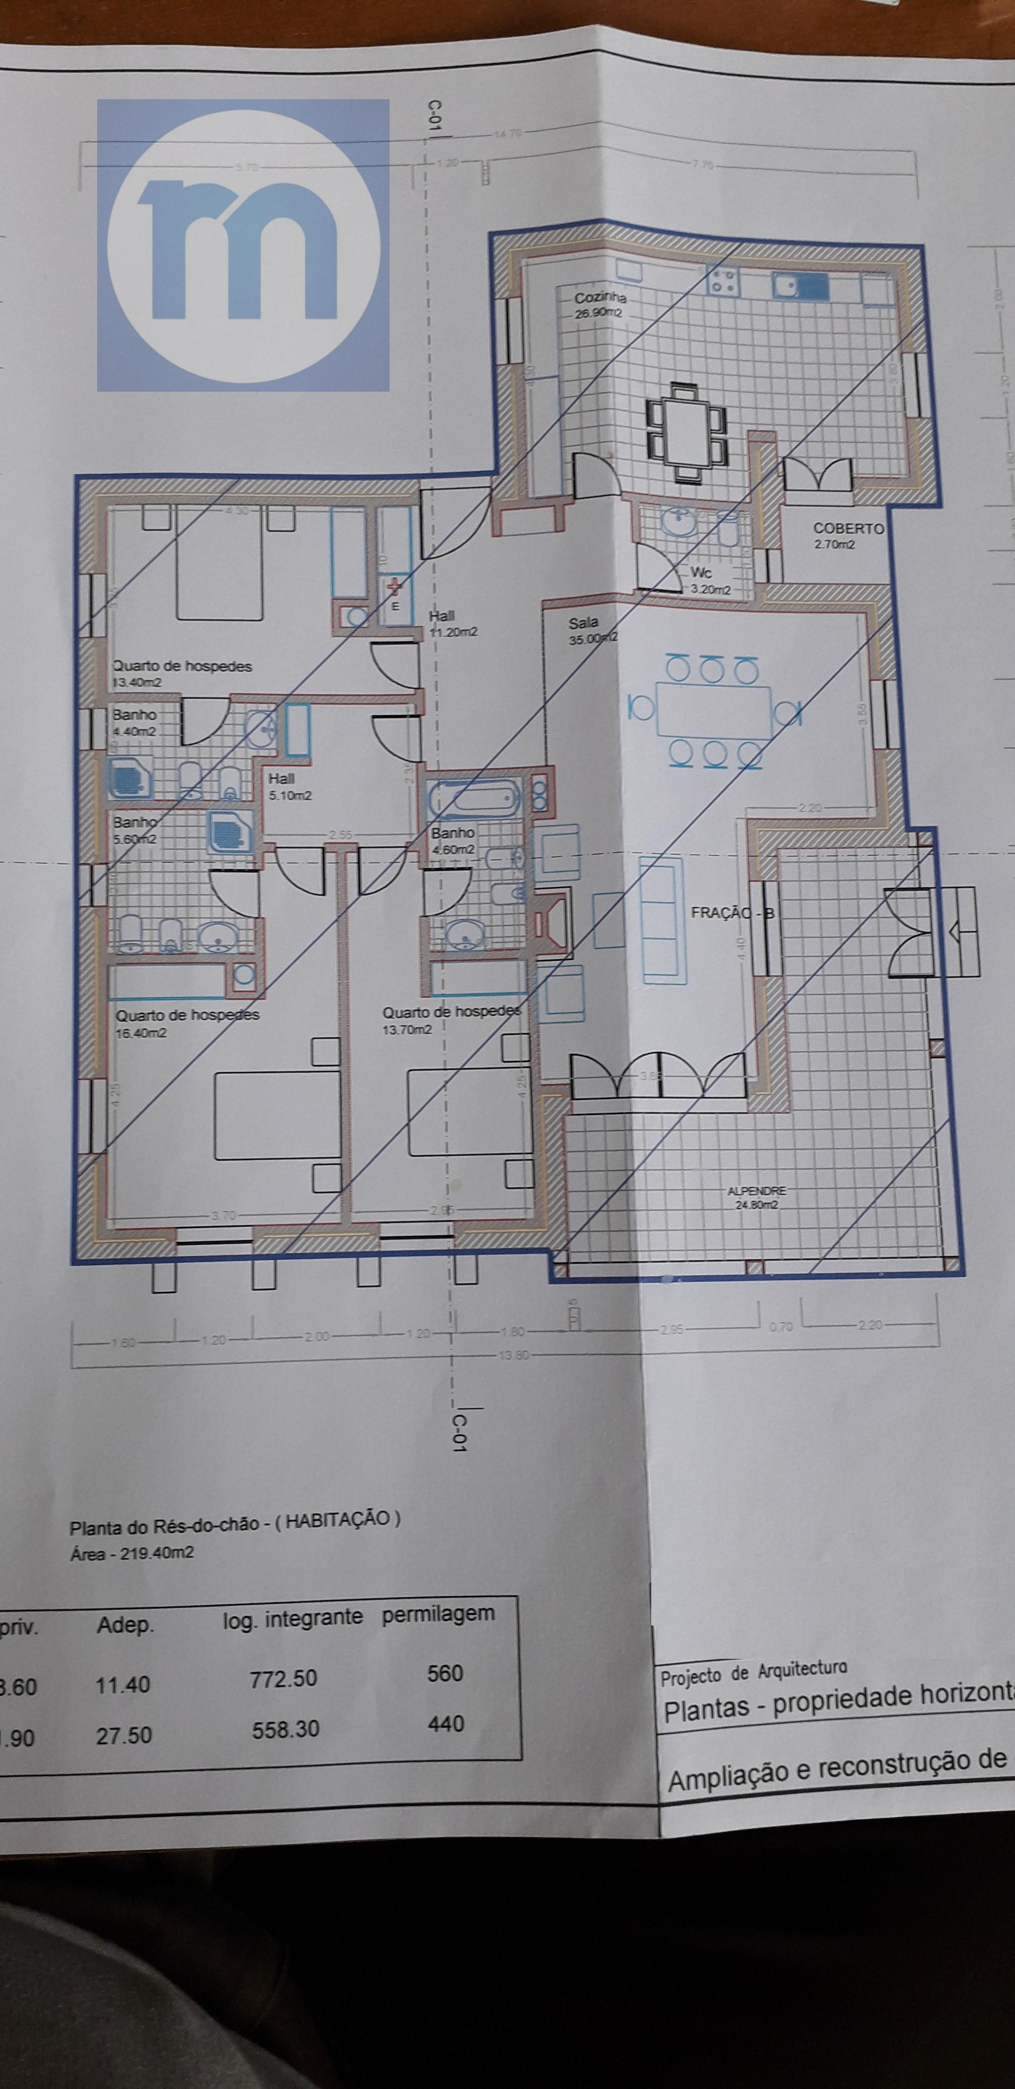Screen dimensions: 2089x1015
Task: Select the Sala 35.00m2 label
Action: click(x=590, y=630)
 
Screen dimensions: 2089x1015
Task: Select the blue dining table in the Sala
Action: click(x=713, y=711)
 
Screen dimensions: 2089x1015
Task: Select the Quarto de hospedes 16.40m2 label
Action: click(x=187, y=1023)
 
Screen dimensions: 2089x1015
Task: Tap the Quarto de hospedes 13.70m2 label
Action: click(x=451, y=1020)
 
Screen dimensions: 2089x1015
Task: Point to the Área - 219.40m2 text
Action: click(x=132, y=1554)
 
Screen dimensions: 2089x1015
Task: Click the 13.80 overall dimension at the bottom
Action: click(x=513, y=1355)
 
